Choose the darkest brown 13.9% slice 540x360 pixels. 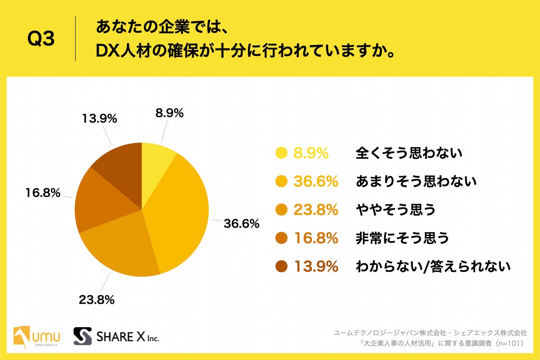(x=119, y=169)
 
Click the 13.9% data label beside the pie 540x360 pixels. (x=99, y=119)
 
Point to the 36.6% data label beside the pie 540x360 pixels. (x=241, y=223)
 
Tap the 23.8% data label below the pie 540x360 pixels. (x=96, y=299)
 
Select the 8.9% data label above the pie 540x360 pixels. (x=169, y=113)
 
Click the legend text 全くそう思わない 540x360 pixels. (x=409, y=154)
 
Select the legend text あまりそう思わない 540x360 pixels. (x=416, y=182)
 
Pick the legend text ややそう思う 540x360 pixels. (x=396, y=210)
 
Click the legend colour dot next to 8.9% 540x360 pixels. (x=281, y=153)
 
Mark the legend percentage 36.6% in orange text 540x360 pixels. (x=316, y=182)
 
